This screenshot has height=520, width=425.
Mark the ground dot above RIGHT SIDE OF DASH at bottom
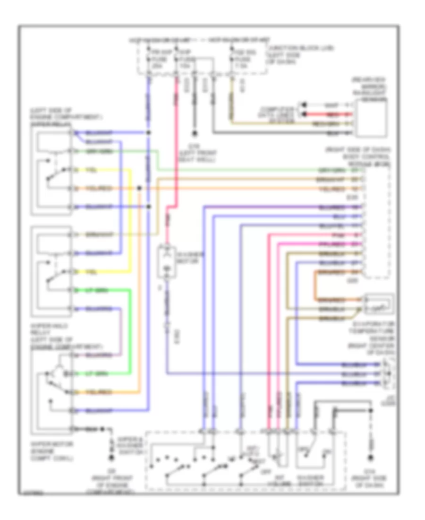pyautogui.click(x=371, y=458)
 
